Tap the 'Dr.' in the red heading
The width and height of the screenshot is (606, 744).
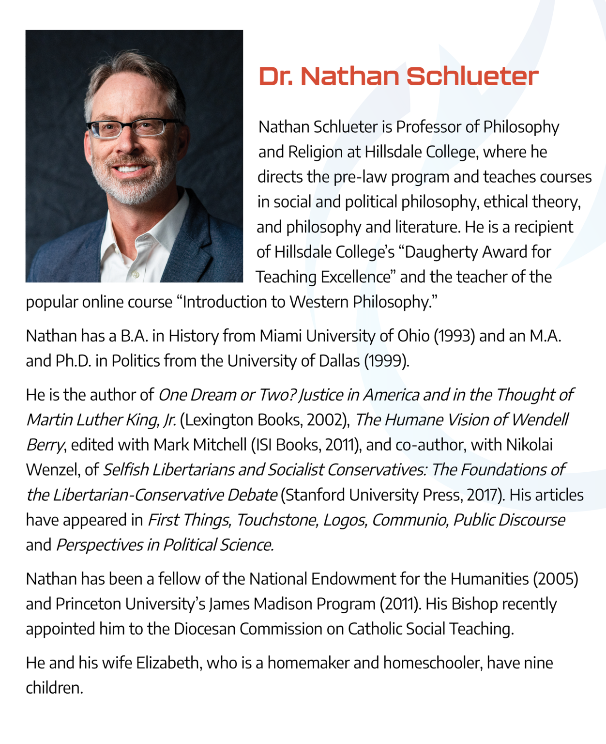pyautogui.click(x=275, y=76)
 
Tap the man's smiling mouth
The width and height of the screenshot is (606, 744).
pyautogui.click(x=129, y=169)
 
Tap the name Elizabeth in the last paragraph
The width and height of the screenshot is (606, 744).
pyautogui.click(x=168, y=663)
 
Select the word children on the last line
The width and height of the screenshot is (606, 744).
pyautogui.click(x=54, y=688)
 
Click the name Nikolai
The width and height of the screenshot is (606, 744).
pyautogui.click(x=529, y=445)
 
